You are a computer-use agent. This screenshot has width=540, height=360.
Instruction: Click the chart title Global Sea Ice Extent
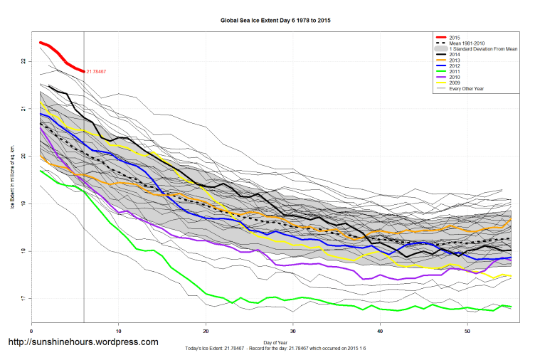[276, 21]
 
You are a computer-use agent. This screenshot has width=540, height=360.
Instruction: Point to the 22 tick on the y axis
[23, 61]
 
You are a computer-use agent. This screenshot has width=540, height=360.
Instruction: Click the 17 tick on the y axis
[23, 298]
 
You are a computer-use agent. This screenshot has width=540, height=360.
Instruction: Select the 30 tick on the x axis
[293, 331]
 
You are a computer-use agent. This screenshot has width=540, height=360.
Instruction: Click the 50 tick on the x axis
[467, 331]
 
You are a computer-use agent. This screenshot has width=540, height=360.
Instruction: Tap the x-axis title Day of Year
[275, 342]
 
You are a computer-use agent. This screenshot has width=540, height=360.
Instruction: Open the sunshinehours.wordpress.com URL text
[83, 343]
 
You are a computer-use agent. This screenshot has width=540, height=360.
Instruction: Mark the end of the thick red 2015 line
[84, 71]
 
